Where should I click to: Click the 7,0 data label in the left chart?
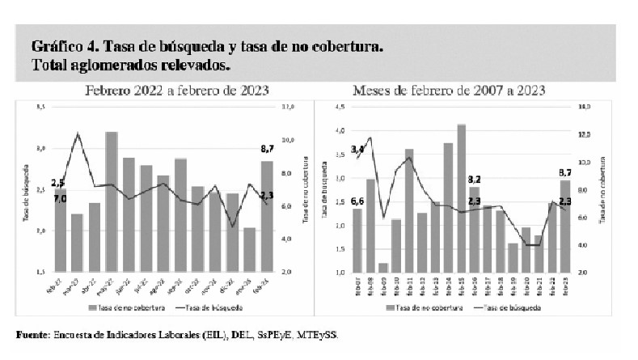tap(60, 197)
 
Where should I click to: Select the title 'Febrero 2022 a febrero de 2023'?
tap(178, 90)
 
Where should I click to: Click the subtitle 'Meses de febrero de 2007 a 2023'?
tap(454, 90)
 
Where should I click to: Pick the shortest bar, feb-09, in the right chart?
tap(382, 268)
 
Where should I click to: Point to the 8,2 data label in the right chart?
tap(475, 178)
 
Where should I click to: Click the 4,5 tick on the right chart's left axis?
tap(341, 106)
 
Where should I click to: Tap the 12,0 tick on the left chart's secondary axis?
tap(288, 106)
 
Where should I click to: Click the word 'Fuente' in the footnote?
tap(32, 334)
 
